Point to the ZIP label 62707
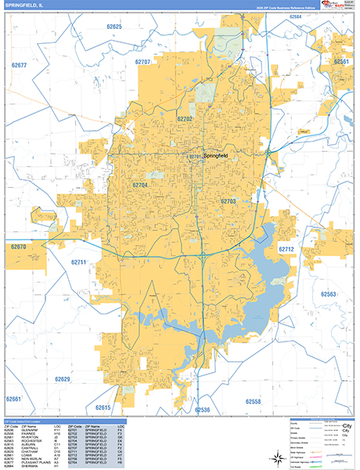click(x=142, y=61)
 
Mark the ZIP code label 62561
click(x=341, y=61)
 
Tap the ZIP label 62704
click(x=140, y=185)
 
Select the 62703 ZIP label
click(x=228, y=201)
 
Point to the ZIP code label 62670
click(x=19, y=247)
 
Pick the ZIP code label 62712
click(x=286, y=249)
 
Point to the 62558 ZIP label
click(x=253, y=401)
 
